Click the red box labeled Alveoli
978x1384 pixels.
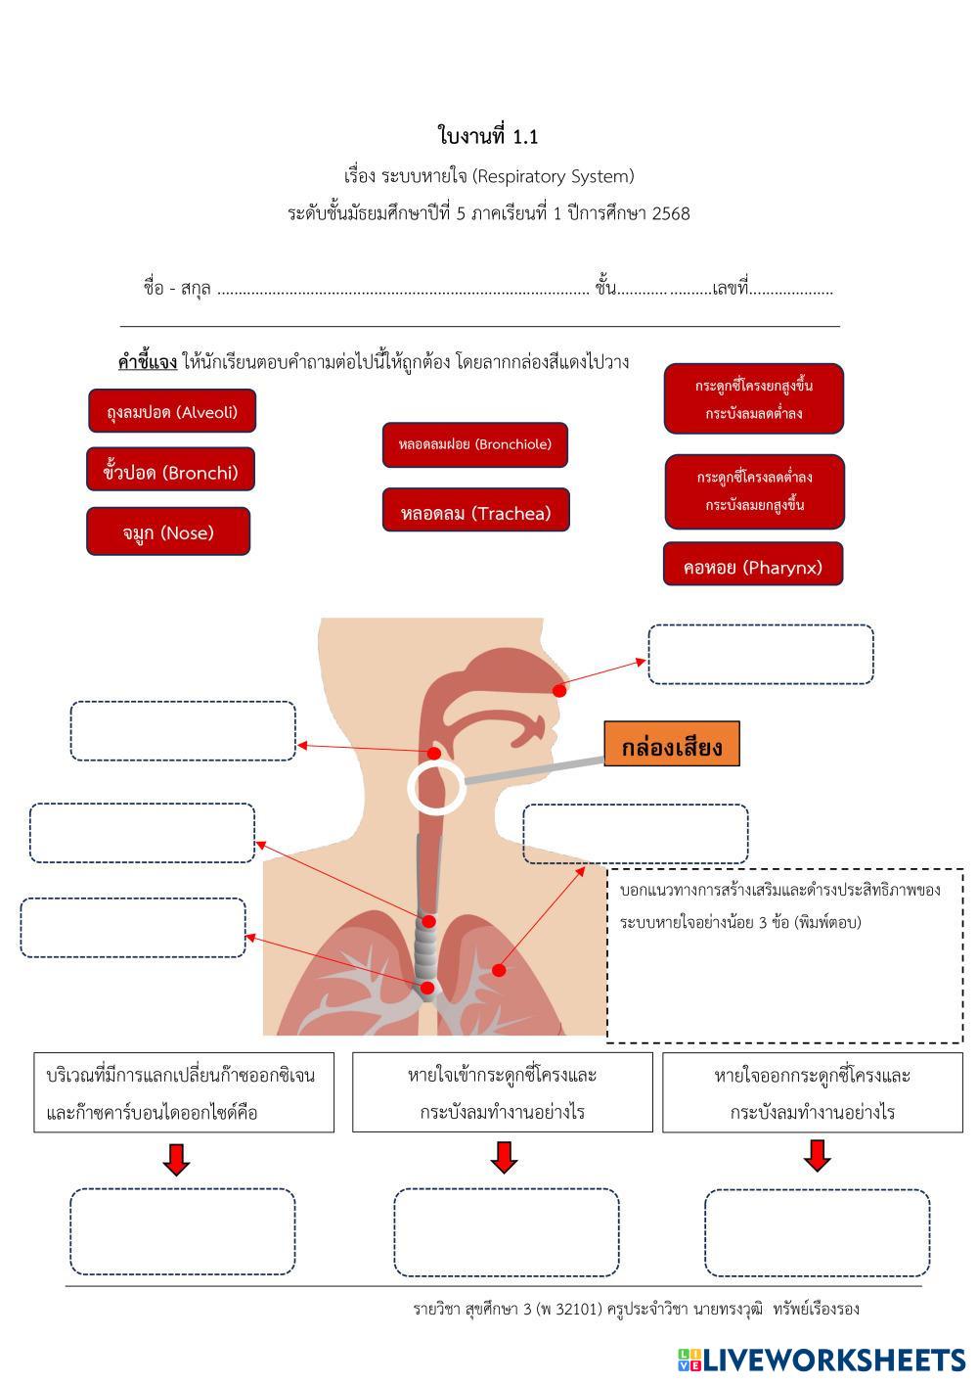click(x=172, y=412)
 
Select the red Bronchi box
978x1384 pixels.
click(x=170, y=473)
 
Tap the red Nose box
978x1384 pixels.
click(x=168, y=532)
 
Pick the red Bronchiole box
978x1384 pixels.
click(x=474, y=444)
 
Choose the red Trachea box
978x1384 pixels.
click(x=475, y=513)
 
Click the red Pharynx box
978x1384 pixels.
click(x=752, y=567)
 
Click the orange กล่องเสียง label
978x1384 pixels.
click(x=671, y=747)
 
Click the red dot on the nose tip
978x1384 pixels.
click(x=559, y=690)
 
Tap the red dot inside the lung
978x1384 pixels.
click(x=499, y=970)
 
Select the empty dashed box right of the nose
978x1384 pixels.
click(x=760, y=655)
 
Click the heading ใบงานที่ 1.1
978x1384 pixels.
click(x=488, y=136)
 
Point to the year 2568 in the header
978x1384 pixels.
click(x=670, y=212)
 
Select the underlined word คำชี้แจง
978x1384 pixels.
click(x=148, y=362)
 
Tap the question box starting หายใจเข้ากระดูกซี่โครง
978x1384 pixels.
click(x=502, y=1092)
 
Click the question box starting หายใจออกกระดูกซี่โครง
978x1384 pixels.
click(x=812, y=1092)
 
